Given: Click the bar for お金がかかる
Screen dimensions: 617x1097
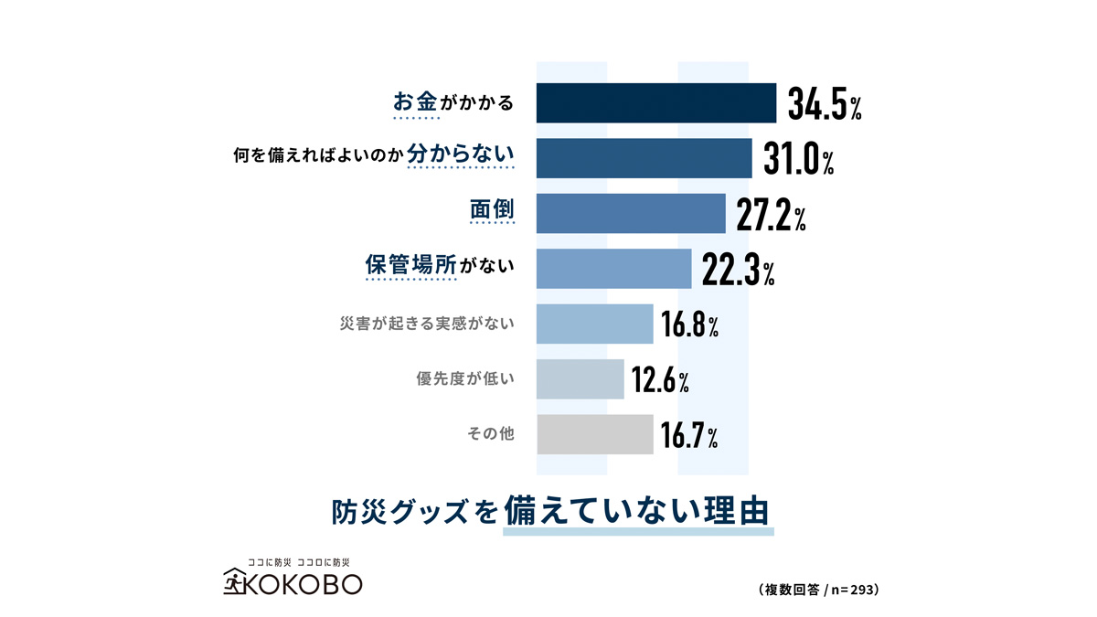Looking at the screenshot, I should [655, 102].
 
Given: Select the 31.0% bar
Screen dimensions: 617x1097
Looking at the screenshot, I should [644, 158].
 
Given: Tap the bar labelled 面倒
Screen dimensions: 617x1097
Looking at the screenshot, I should [631, 214].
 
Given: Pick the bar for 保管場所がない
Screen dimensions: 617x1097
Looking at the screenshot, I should [613, 269].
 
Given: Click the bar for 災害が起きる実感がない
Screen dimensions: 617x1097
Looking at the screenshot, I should [594, 324].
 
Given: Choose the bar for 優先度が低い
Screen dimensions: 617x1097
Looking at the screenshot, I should [580, 378].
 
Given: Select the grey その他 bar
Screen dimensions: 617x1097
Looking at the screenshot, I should [594, 434].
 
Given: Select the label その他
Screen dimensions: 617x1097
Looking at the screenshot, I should [491, 434].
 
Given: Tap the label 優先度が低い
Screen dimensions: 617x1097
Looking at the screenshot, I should [465, 378].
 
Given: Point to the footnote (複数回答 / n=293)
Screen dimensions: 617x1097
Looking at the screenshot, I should [818, 590].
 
